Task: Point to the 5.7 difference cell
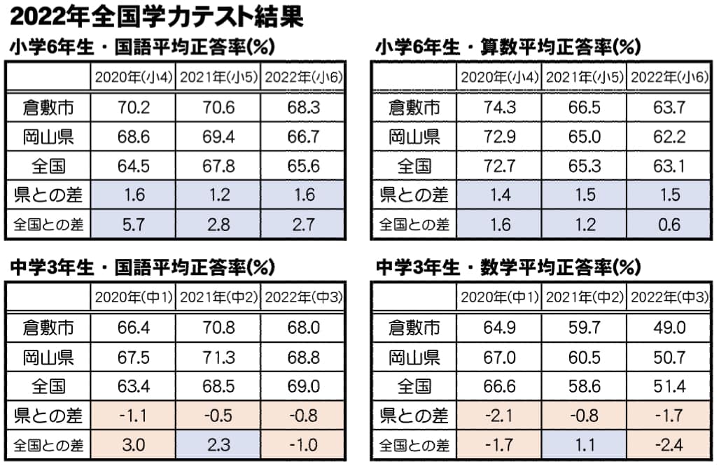click(133, 225)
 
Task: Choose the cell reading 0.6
click(670, 225)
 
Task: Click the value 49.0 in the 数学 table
click(670, 327)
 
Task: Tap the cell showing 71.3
click(218, 357)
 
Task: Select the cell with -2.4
click(670, 444)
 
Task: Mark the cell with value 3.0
click(133, 444)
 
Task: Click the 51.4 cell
click(670, 386)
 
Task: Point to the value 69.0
click(304, 386)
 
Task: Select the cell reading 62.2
click(670, 136)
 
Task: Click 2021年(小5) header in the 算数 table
click(584, 78)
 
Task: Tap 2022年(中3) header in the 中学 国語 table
click(304, 297)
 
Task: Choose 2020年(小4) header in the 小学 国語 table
click(133, 78)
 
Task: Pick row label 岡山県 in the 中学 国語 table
click(48, 357)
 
